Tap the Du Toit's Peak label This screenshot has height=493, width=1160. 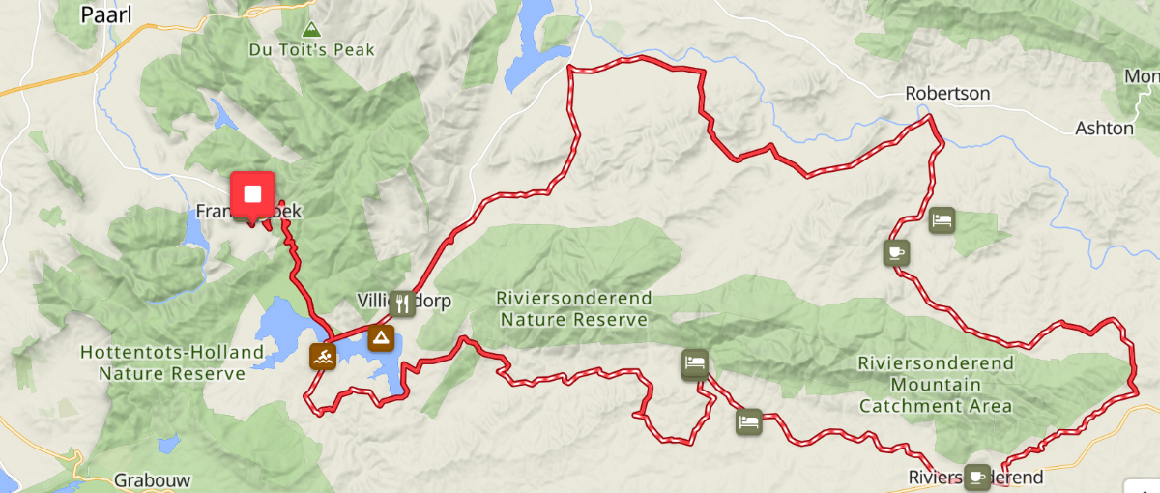(x=311, y=49)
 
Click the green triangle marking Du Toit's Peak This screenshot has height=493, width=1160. (x=310, y=29)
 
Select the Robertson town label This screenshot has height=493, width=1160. (x=947, y=94)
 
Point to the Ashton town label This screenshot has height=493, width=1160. (x=1104, y=128)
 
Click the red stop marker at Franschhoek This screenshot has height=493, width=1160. (x=252, y=194)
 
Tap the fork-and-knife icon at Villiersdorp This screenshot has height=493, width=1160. (x=403, y=304)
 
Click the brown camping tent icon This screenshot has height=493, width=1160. (x=382, y=338)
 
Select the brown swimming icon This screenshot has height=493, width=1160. (x=323, y=356)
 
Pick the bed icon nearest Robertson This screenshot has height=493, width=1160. (x=942, y=220)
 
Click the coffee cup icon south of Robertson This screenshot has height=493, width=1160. (x=896, y=253)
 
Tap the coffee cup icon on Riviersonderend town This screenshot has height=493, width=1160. (x=976, y=476)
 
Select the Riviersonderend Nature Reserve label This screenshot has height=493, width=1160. (x=573, y=308)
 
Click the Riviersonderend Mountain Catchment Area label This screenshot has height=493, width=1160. (x=936, y=385)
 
